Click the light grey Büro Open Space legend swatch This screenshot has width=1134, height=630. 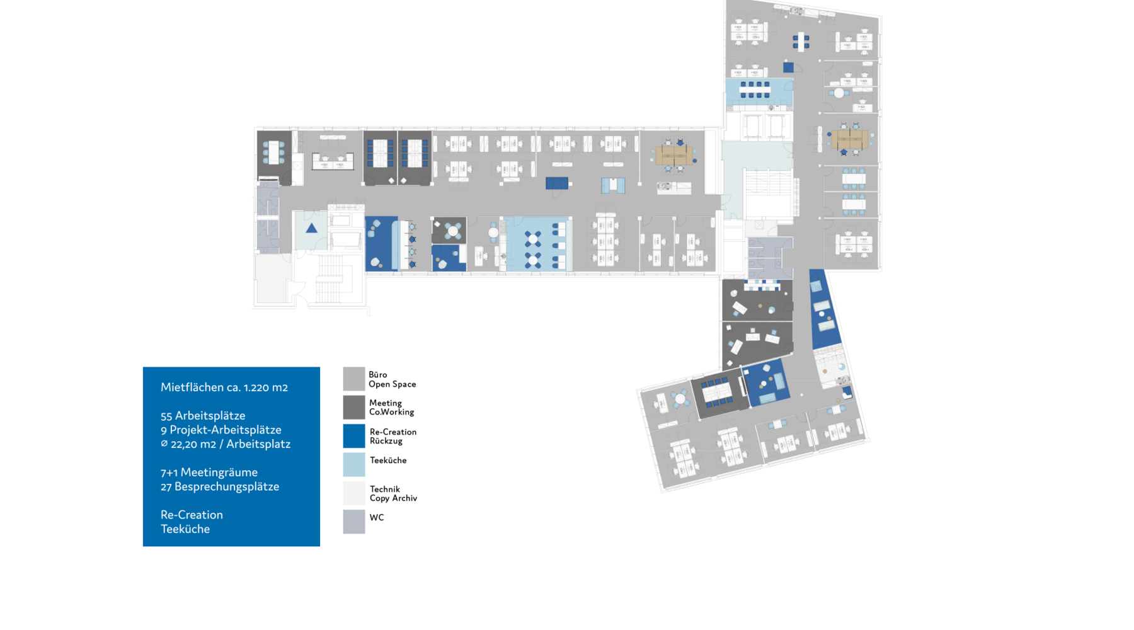point(354,379)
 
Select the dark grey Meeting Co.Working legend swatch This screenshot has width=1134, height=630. point(354,408)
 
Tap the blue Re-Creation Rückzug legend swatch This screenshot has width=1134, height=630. point(354,436)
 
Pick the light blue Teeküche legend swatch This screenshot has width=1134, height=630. point(354,465)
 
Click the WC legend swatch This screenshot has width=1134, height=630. point(354,522)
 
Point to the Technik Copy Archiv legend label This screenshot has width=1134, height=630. point(393,494)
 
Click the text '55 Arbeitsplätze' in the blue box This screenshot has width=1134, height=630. point(203,416)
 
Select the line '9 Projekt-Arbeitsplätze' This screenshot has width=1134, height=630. point(221,430)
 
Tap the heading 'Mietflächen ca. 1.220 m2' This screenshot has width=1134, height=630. point(224,387)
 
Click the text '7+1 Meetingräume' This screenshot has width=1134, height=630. point(209,472)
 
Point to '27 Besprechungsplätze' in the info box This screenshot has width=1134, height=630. point(220,487)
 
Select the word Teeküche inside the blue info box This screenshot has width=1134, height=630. point(185,529)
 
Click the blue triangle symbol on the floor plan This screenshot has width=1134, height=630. point(311,228)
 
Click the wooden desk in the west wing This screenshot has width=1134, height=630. point(673,155)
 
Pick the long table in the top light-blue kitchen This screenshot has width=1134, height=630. point(755,89)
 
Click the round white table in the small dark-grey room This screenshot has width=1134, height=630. point(452,231)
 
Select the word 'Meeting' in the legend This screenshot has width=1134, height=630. point(386,403)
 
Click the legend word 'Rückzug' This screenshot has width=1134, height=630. point(386,441)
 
